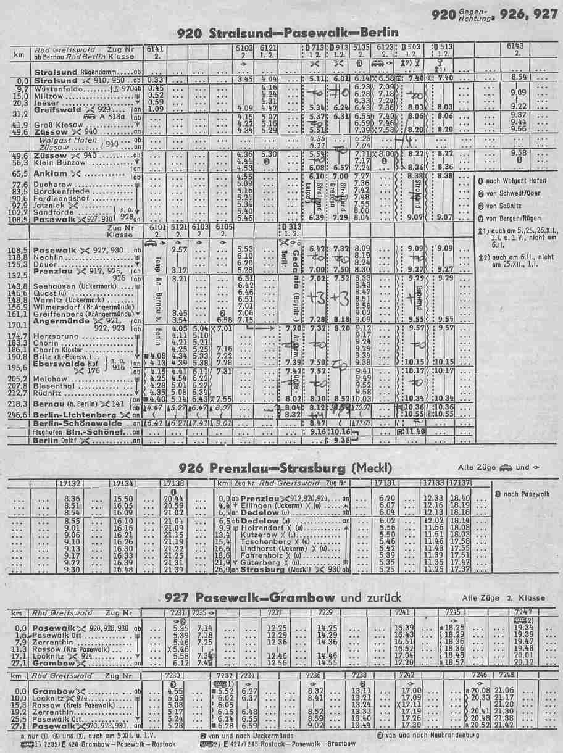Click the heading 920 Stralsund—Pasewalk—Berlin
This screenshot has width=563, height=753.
tap(286, 32)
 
